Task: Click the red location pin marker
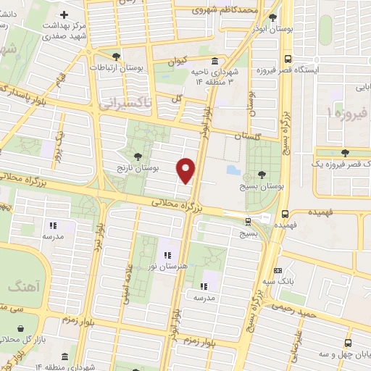tap(187, 170)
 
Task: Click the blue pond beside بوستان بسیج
tap(233, 170)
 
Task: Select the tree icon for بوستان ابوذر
tap(272, 18)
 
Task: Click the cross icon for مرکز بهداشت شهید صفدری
tap(64, 14)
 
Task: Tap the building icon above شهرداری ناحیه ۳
tap(214, 62)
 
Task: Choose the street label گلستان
tap(249, 136)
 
